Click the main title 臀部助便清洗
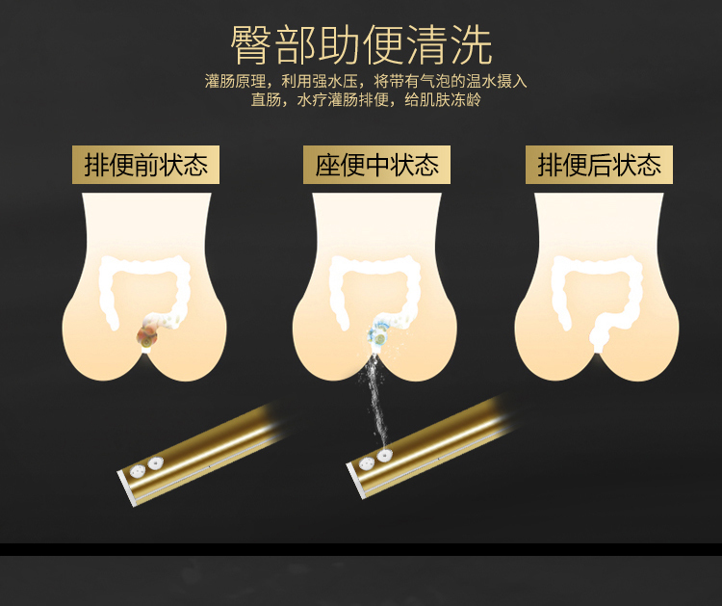coord(361,45)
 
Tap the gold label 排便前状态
coord(146,165)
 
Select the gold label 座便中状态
coord(376,165)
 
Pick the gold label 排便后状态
coord(599,165)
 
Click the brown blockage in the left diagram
coord(147,335)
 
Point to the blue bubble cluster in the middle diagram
coord(379,333)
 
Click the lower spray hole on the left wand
coord(138,471)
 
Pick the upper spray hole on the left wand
coord(156,462)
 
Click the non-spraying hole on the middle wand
coord(367,464)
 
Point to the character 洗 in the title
coord(472,45)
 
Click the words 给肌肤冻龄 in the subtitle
coord(443,99)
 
